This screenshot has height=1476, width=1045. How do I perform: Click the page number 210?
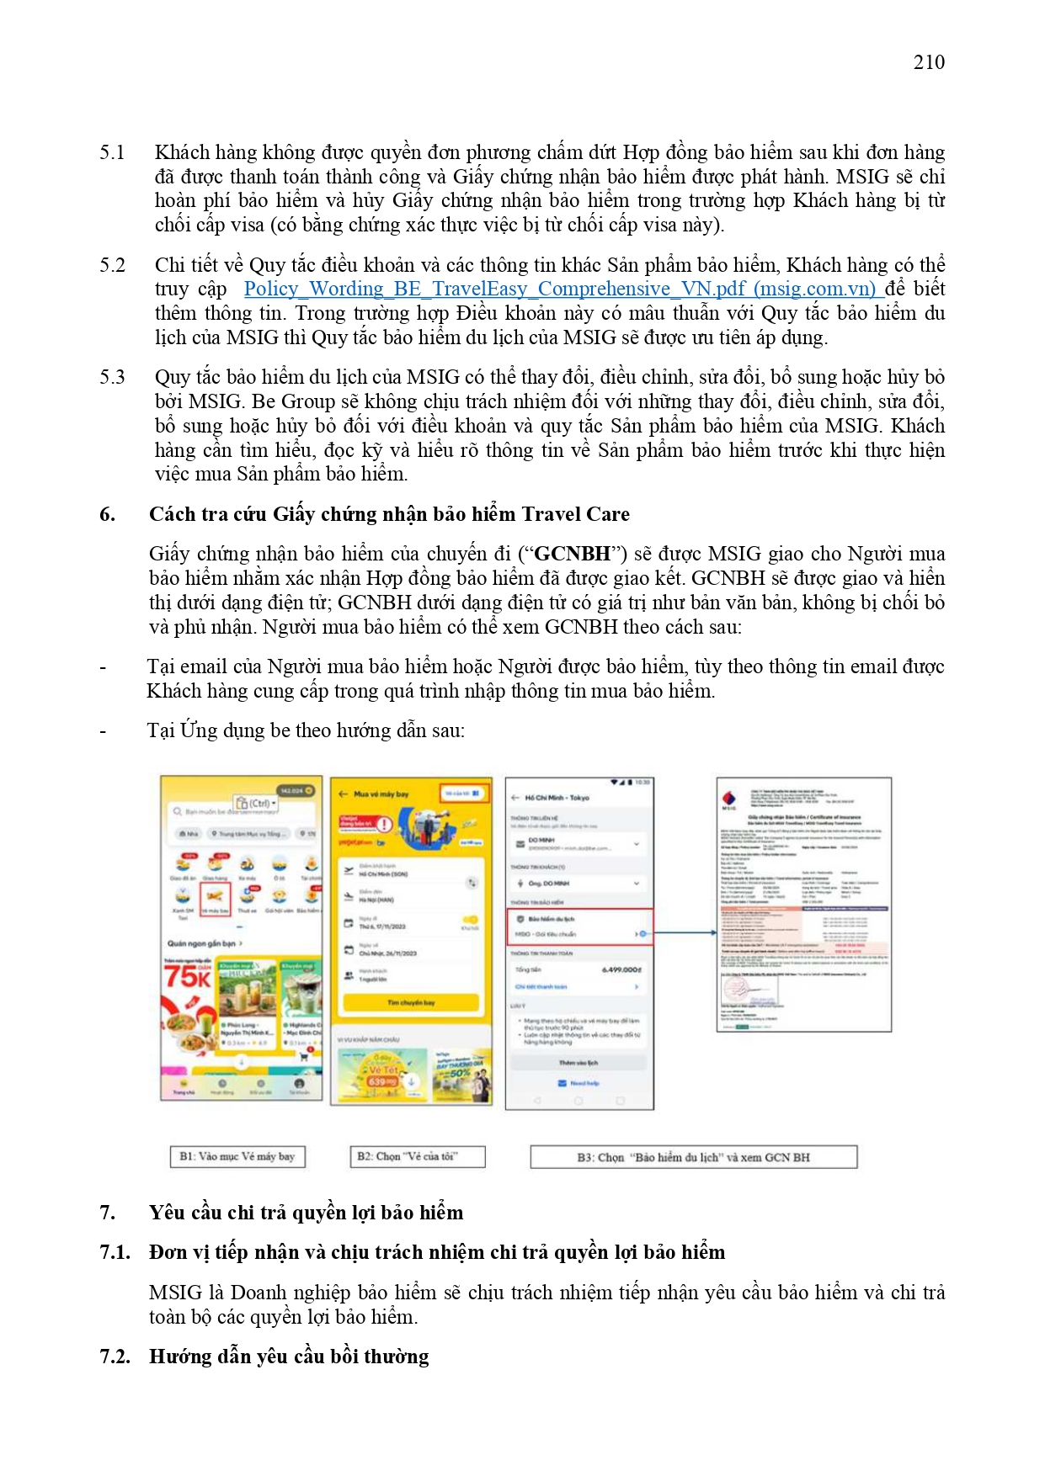[929, 62]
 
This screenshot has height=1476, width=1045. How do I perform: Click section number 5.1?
[112, 152]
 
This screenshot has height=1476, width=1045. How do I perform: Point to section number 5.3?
[112, 377]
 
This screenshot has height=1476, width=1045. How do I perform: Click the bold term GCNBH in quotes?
[573, 554]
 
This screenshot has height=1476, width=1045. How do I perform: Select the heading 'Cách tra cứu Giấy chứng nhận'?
[389, 514]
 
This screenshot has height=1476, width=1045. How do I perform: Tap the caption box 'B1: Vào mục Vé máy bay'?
[237, 1156]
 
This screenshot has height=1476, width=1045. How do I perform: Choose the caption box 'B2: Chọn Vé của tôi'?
[417, 1156]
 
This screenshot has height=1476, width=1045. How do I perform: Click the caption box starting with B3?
[693, 1157]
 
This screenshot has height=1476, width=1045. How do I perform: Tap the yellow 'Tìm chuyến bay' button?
[411, 1002]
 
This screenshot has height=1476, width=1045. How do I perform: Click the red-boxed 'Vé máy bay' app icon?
[215, 900]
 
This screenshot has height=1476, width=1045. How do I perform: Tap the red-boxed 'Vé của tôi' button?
[462, 794]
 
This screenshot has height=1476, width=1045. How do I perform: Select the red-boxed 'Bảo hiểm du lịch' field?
[579, 926]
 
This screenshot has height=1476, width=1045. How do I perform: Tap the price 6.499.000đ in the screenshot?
[621, 969]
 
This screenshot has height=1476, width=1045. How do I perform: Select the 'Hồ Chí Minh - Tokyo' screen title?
[557, 798]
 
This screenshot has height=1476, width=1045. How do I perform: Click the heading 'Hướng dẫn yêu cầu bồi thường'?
[289, 1357]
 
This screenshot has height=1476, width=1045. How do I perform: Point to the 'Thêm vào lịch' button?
[578, 1063]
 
